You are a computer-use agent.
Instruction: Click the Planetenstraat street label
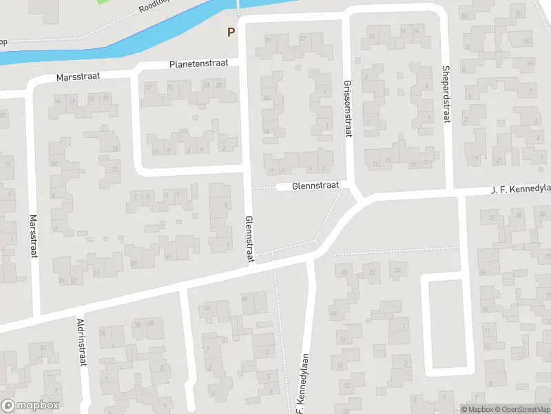coord(200,65)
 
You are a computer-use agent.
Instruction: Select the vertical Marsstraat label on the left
coord(33,237)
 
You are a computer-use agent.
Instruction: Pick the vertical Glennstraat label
coord(249,239)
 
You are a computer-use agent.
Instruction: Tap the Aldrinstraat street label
coord(81,342)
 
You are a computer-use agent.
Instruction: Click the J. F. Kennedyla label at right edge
coord(520,188)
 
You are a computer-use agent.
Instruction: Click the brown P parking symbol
coord(231,32)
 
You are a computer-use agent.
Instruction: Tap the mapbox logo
coord(30,406)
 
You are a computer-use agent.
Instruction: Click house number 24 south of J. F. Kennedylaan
coord(397,270)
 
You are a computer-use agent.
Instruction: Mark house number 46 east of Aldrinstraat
coord(245,298)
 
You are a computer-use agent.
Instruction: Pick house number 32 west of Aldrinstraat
coord(43,347)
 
